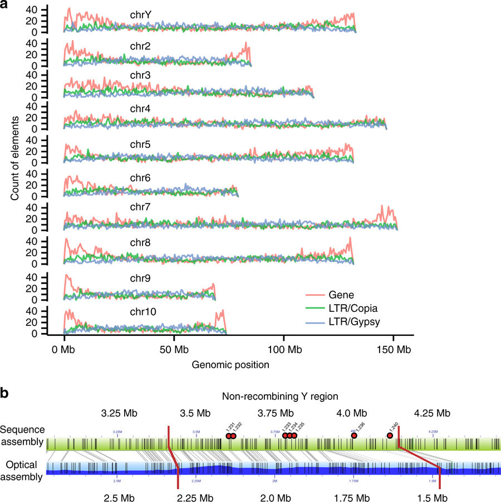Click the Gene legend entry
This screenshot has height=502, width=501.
tap(341, 295)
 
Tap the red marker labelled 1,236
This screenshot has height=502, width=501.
tap(353, 436)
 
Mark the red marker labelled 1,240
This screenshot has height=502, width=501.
tap(390, 436)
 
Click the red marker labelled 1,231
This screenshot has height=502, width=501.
tap(229, 436)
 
